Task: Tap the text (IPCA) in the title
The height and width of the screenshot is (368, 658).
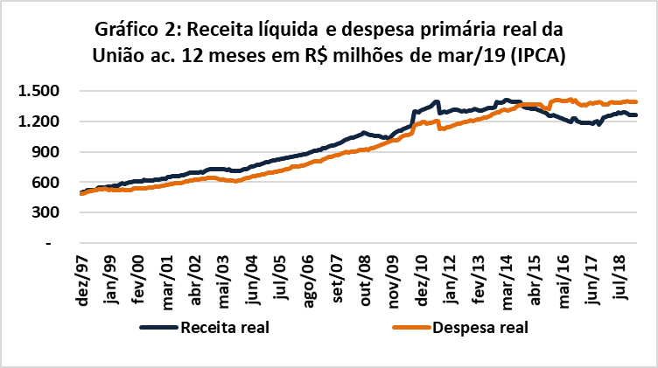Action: (x=534, y=57)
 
